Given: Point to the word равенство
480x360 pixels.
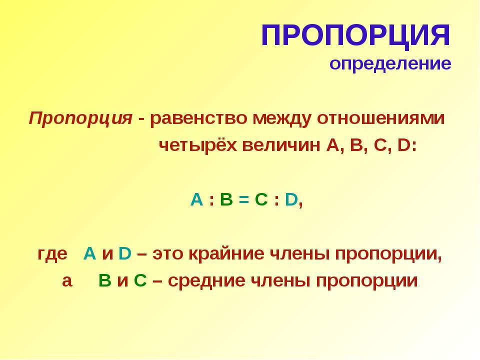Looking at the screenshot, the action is pyautogui.click(x=198, y=118).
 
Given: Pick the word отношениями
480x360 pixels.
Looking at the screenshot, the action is pyautogui.click(x=380, y=118).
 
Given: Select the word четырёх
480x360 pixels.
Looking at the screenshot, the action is pyautogui.click(x=198, y=145).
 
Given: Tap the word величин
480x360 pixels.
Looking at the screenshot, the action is pyautogui.click(x=281, y=146).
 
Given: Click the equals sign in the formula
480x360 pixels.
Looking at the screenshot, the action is pyautogui.click(x=243, y=200).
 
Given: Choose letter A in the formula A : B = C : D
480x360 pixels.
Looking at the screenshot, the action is pyautogui.click(x=196, y=200).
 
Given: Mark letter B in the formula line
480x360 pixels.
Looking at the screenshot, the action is pyautogui.click(x=226, y=200).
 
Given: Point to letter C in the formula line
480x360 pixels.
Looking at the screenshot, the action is pyautogui.click(x=261, y=200).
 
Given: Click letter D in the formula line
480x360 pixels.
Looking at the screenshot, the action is pyautogui.click(x=291, y=200).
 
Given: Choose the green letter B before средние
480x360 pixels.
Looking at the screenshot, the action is pyautogui.click(x=104, y=280).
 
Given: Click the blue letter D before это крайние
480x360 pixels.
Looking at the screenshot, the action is pyautogui.click(x=124, y=254).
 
